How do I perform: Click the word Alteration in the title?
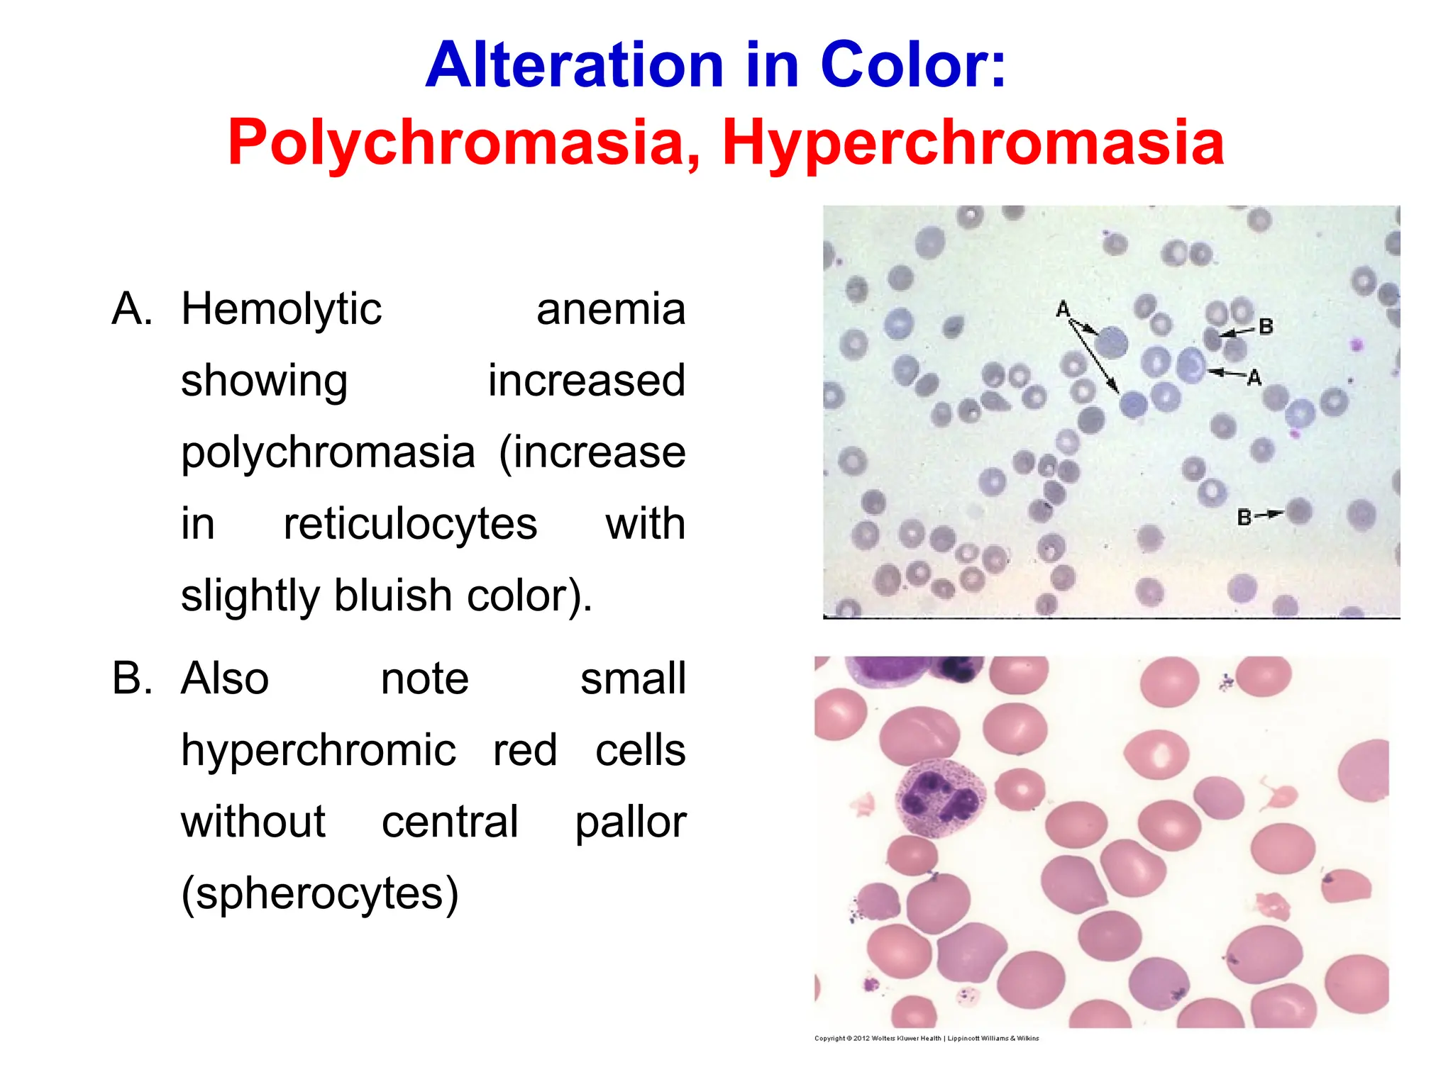point(575,65)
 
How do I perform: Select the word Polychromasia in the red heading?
point(465,143)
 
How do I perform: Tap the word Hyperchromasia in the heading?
point(973,143)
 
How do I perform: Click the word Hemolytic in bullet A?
point(282,310)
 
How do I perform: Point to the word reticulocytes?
point(410,524)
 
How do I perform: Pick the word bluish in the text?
point(394,595)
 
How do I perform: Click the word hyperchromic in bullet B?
point(319,750)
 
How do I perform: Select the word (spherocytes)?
point(320,893)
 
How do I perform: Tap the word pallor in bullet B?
point(630,822)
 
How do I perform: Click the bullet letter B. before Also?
point(133,678)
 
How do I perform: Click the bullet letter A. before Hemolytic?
point(133,310)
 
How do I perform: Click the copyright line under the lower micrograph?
point(926,1038)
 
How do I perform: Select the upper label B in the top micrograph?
point(1265,327)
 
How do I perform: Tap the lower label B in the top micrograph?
point(1244,517)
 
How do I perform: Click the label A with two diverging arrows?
point(1063,309)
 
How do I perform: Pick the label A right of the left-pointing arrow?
point(1254,378)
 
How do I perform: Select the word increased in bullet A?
point(586,381)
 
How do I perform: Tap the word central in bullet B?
point(450,822)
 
